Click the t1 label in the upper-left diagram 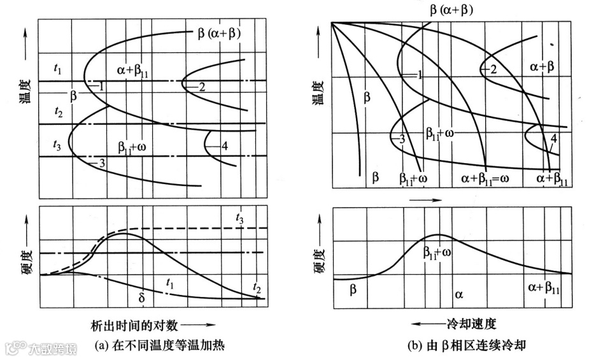[59, 70]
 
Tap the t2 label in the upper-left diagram [59, 113]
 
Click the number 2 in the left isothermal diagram [201, 87]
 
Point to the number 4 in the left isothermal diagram [224, 147]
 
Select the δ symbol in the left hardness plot [142, 297]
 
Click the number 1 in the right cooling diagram [420, 76]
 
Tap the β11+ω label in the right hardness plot [439, 252]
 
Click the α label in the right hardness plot [458, 293]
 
